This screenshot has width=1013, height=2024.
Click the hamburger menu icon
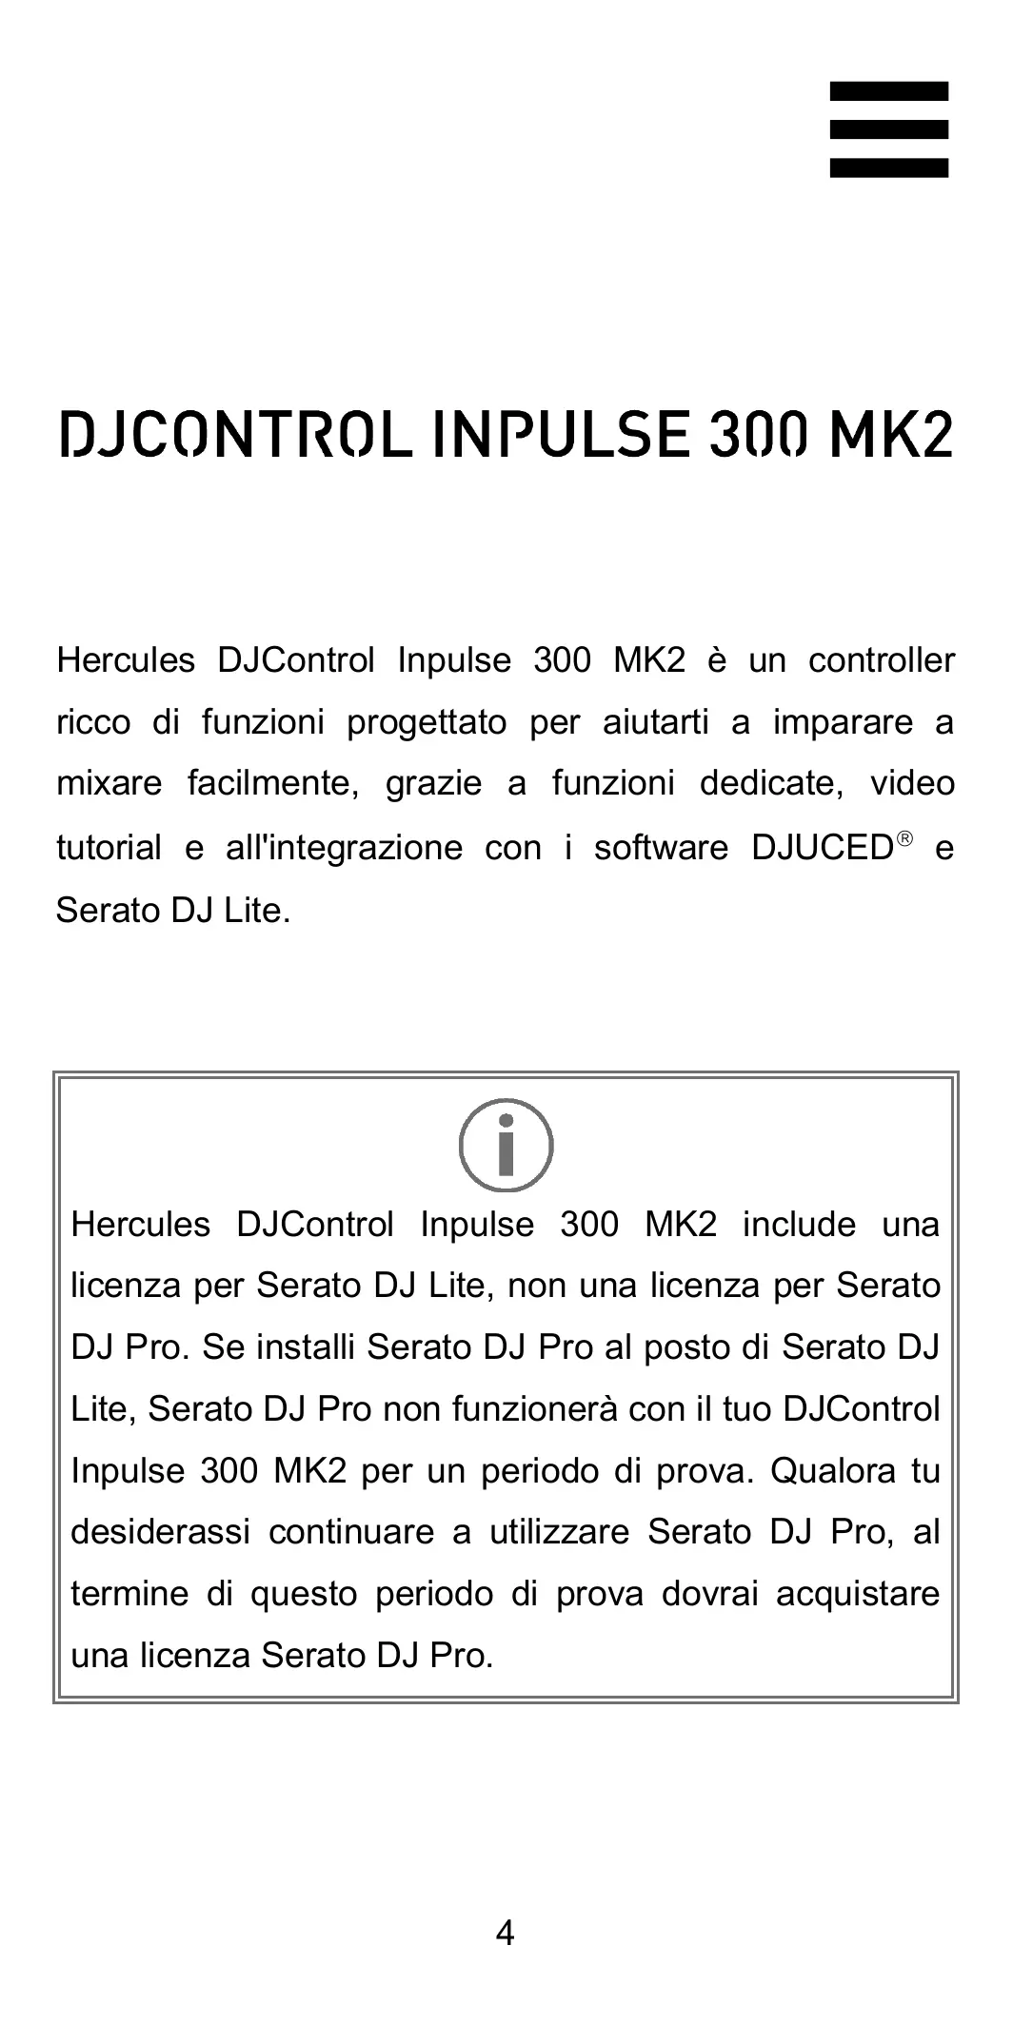coord(888,129)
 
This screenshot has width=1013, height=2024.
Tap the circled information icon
coord(506,1145)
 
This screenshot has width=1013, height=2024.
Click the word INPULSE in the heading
coord(560,435)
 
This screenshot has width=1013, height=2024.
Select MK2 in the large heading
coord(890,435)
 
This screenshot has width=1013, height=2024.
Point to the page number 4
coord(506,1933)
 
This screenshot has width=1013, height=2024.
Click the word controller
coord(881,660)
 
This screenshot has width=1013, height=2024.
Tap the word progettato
coord(427,723)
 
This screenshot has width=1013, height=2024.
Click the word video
coord(912,784)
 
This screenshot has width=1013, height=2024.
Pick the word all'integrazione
coord(344,848)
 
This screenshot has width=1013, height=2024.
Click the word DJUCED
coord(821,848)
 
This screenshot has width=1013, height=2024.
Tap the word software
coord(661,848)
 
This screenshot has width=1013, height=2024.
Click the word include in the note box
coord(799,1225)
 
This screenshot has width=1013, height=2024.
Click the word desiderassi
coord(161,1532)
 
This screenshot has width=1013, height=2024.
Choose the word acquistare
coord(858,1594)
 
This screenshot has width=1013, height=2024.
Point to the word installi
coord(306,1347)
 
